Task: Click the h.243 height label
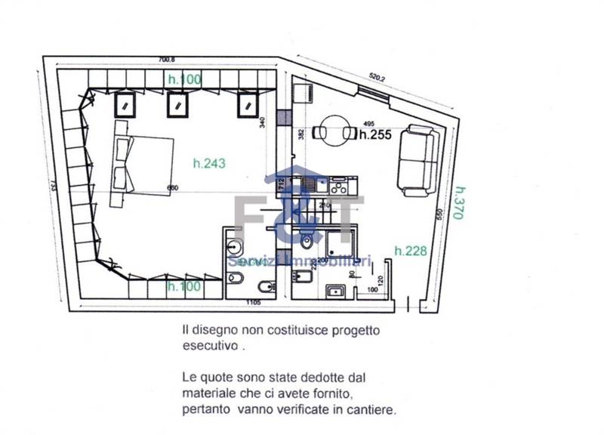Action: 210,162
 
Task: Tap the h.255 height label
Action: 375,136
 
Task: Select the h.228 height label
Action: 411,251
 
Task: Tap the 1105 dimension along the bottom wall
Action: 254,303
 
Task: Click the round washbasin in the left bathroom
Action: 234,247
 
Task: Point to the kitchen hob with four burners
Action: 337,184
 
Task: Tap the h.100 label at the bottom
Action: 185,286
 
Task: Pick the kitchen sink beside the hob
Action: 310,184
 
